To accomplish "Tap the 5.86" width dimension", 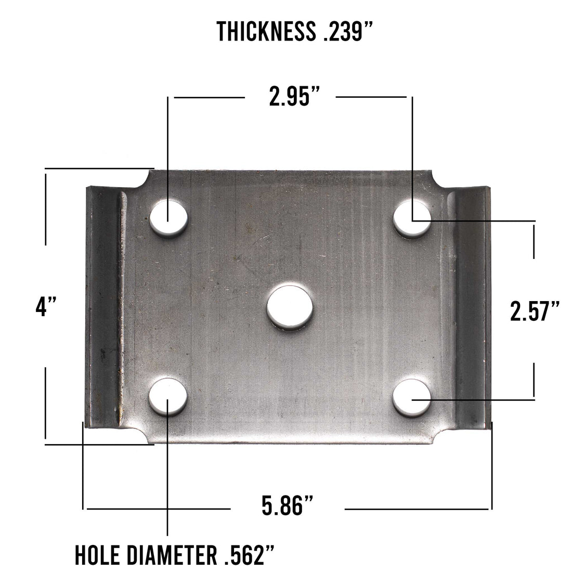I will (x=288, y=506).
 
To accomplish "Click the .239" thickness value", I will (x=345, y=32).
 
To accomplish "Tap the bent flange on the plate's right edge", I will (x=473, y=307).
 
